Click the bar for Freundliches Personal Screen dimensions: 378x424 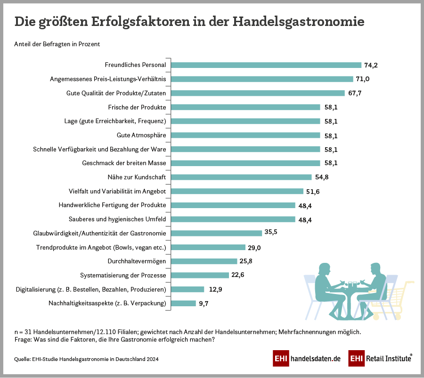point(266,65)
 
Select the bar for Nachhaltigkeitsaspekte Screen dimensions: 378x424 point(183,303)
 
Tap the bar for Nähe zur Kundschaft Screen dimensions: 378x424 point(241,177)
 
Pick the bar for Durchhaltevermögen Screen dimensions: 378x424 point(204,261)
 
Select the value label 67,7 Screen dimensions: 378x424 point(355,93)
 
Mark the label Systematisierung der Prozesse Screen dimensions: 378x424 point(123,275)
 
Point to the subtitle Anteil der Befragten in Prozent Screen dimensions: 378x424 point(57,44)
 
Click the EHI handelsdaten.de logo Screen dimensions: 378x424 point(307,359)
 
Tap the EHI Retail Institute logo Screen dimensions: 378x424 point(380,359)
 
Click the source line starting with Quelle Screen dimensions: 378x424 point(86,360)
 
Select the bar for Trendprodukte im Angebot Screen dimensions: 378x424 point(208,247)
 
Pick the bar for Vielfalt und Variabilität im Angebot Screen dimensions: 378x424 point(236,191)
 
